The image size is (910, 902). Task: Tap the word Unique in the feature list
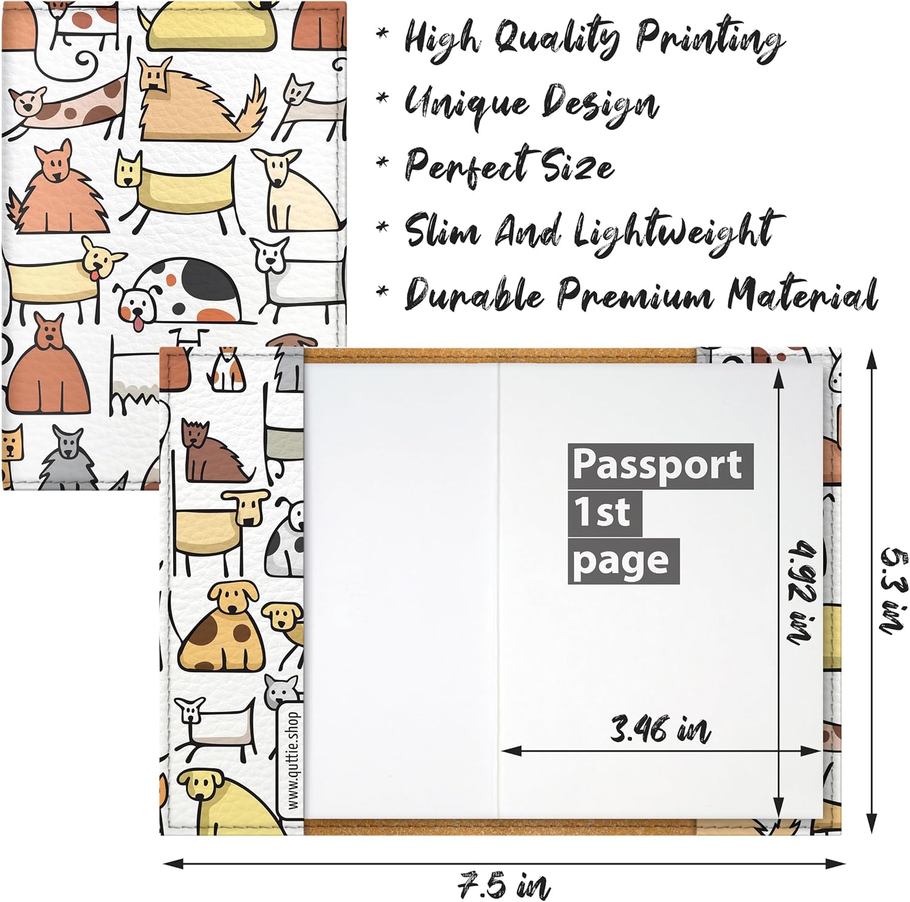[x=466, y=102]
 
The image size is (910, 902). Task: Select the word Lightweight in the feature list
[x=678, y=231]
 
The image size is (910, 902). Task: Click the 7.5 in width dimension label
[x=504, y=886]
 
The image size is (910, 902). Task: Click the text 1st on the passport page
[x=604, y=513]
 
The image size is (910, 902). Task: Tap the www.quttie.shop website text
[x=294, y=759]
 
